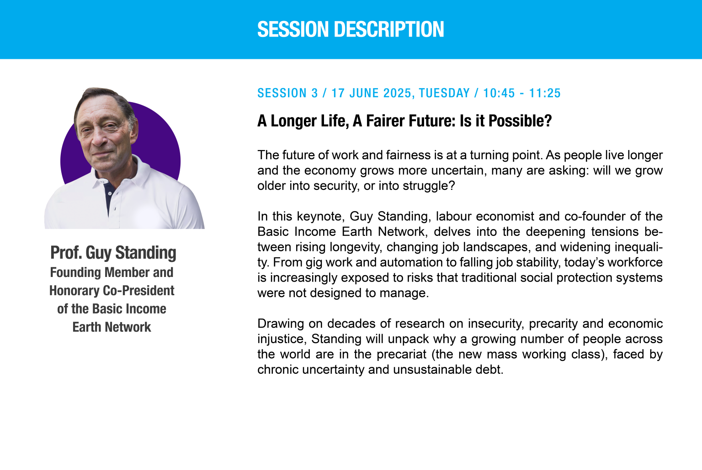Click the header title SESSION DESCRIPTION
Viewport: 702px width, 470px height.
coord(351,29)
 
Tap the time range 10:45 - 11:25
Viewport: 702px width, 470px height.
coord(522,93)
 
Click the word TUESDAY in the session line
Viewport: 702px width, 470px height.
coord(444,93)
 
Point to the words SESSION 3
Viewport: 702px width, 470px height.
coord(287,93)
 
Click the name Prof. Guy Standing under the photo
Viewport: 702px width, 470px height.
coord(113,252)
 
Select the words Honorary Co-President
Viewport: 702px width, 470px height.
coord(112,291)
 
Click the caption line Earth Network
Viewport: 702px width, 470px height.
coord(112,327)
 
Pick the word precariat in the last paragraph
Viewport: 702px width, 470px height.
coord(401,354)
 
